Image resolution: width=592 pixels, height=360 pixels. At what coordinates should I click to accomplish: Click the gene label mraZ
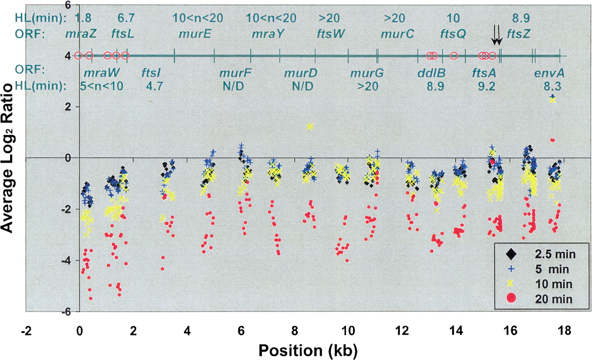78,34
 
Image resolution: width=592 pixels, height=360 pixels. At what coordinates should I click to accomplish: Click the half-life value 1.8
83,18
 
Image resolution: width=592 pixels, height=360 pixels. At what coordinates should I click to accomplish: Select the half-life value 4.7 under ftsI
155,86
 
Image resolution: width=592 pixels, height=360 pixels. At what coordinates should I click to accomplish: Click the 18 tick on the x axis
562,331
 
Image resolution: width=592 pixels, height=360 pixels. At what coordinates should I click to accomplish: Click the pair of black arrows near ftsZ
496,35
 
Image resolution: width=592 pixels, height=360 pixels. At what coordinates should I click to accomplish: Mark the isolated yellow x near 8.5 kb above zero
310,126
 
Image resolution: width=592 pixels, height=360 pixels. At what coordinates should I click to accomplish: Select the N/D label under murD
302,86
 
